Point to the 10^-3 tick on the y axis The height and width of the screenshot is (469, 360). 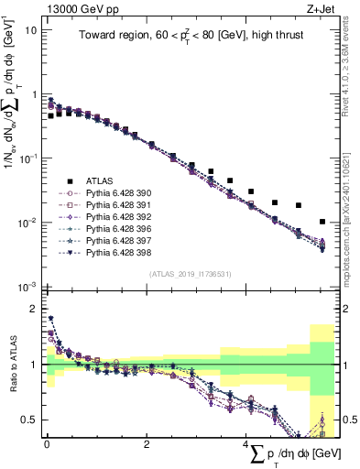tap(27, 288)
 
